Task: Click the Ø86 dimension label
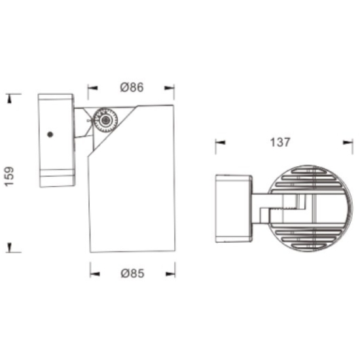coord(132,87)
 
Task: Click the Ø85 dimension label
coord(133,273)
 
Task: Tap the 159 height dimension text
coord(9,176)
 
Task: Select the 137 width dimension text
coord(280,142)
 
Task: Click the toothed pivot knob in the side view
coord(105,120)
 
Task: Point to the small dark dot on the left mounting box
coord(50,135)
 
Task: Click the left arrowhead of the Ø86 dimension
coord(93,88)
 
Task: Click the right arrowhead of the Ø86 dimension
coord(170,88)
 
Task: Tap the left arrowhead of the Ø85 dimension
coord(95,274)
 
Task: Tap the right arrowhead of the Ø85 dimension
coord(170,274)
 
